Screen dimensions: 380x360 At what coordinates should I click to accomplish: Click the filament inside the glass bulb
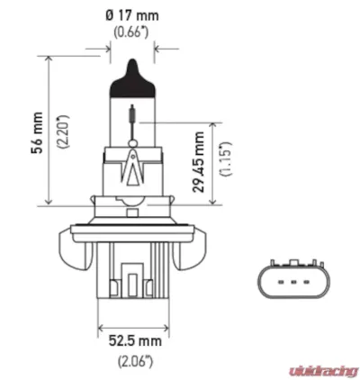pyautogui.click(x=133, y=114)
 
